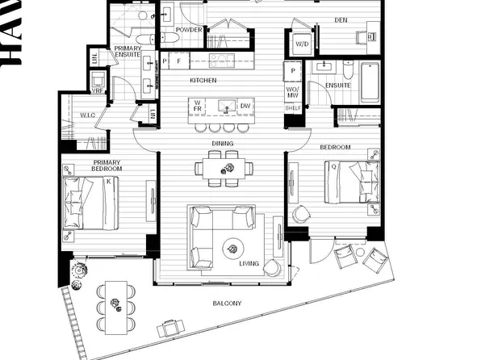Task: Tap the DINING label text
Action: click(x=224, y=144)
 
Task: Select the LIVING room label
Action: click(x=249, y=264)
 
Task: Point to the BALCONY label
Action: click(x=227, y=303)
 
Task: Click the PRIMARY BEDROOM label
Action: click(x=107, y=165)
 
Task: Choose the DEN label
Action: click(x=341, y=20)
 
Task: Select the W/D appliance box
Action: click(x=303, y=44)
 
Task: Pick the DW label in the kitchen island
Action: click(x=245, y=107)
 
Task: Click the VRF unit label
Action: click(x=98, y=91)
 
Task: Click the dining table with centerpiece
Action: click(x=224, y=168)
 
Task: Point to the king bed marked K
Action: click(x=90, y=203)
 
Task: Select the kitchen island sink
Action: click(x=226, y=106)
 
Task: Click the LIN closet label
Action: click(x=95, y=58)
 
